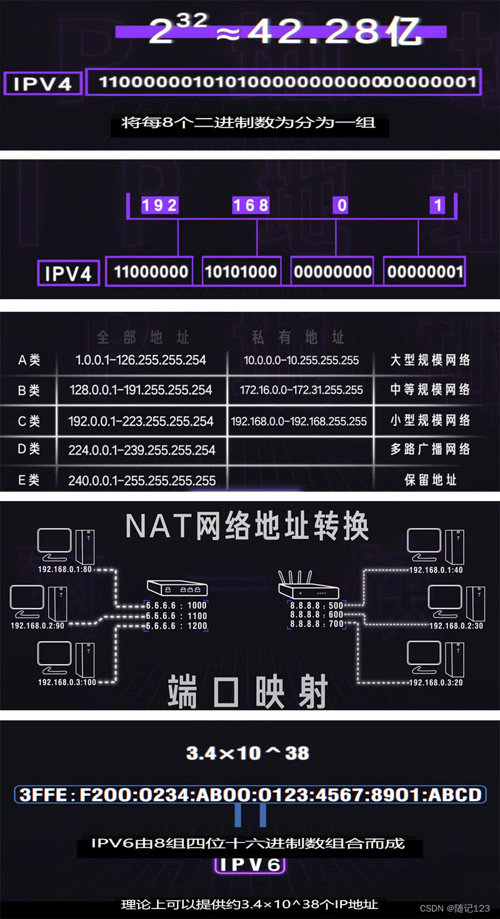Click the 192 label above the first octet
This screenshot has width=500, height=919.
click(159, 205)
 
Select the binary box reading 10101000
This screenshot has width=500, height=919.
click(241, 272)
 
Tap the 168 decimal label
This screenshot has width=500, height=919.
click(251, 205)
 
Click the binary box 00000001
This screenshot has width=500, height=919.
click(424, 272)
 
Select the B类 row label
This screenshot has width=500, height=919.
click(29, 390)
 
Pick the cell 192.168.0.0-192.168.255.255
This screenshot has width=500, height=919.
click(299, 421)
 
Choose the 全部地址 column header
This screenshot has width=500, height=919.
click(142, 338)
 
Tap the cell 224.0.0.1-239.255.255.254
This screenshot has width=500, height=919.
click(142, 450)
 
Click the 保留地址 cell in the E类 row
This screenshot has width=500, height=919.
click(431, 480)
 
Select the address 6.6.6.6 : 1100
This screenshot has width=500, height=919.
click(176, 615)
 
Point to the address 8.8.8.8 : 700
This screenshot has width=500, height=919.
click(317, 624)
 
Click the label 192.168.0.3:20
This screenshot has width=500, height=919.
click(436, 683)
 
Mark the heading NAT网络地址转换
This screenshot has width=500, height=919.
click(247, 527)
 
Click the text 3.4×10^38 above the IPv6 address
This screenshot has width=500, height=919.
click(247, 753)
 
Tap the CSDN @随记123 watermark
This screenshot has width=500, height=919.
click(454, 908)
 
